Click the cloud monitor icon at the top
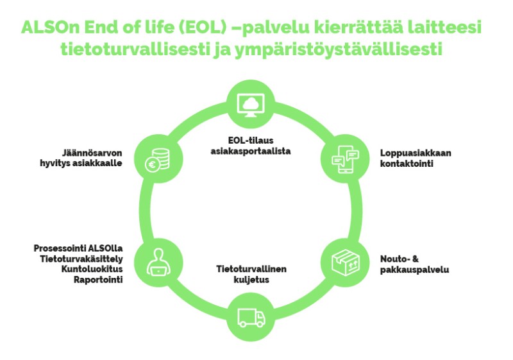point(251,105)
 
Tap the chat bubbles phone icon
point(345,159)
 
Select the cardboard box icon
point(346,263)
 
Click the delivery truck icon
point(251,318)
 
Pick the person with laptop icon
point(158,262)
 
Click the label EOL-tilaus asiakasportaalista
point(251,146)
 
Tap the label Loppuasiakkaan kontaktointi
point(416,158)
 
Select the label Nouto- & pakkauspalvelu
point(414,264)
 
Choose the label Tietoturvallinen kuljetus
point(251,274)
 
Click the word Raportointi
point(98,280)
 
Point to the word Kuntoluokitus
point(92,269)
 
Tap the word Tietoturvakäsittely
point(81,259)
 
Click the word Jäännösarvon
point(92,153)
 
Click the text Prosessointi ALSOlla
point(78,248)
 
